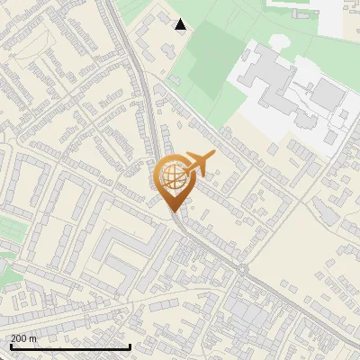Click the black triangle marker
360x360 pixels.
point(181,24)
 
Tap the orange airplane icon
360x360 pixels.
point(199,164)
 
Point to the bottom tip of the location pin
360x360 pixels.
point(173,211)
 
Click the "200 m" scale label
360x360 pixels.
point(23,338)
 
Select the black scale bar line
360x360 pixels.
point(70,346)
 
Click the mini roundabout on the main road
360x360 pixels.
point(243,269)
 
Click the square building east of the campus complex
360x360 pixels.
point(327,93)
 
